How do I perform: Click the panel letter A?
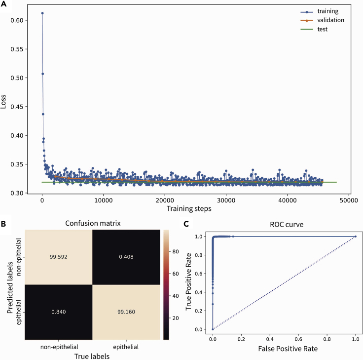pyautogui.click(x=4, y=4)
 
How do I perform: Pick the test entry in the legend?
pyautogui.click(x=323, y=30)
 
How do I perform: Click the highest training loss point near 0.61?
pyautogui.click(x=42, y=13)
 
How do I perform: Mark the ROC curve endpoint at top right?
pyautogui.click(x=355, y=237)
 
